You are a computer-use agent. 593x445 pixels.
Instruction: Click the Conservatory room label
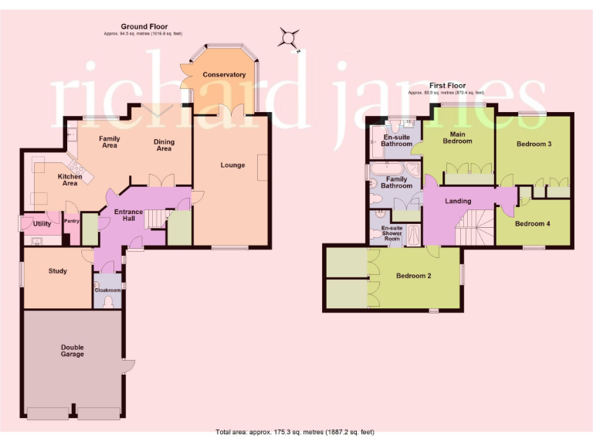pyautogui.click(x=224, y=75)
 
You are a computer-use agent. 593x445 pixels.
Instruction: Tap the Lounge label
pyautogui.click(x=232, y=165)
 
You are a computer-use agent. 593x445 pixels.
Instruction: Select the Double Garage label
pyautogui.click(x=73, y=351)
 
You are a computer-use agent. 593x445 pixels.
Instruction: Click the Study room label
pyautogui.click(x=57, y=271)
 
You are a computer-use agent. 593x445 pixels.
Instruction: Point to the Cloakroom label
pyautogui.click(x=107, y=290)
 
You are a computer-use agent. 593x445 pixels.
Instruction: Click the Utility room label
pyautogui.click(x=42, y=224)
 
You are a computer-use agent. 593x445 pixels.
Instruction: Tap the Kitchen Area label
pyautogui.click(x=70, y=181)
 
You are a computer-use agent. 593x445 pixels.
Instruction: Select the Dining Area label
pyautogui.click(x=164, y=145)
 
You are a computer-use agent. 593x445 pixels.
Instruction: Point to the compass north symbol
pyautogui.click(x=289, y=38)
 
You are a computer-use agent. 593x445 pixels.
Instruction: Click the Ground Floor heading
pyautogui.click(x=144, y=27)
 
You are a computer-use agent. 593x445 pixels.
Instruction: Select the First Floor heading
pyautogui.click(x=451, y=86)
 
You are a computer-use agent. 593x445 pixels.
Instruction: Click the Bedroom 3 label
pyautogui.click(x=534, y=144)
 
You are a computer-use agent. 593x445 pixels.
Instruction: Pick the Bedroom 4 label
pyautogui.click(x=533, y=224)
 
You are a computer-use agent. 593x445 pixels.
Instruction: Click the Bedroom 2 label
pyautogui.click(x=414, y=276)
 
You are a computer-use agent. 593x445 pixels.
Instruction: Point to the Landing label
pyautogui.click(x=459, y=202)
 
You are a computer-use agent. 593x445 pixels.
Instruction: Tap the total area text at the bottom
pyautogui.click(x=296, y=432)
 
